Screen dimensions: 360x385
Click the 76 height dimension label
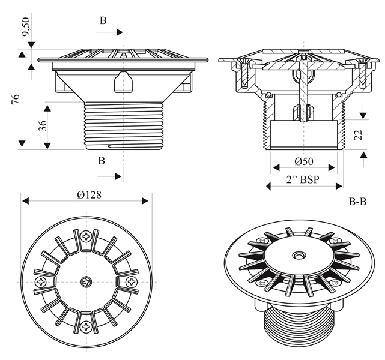click(16, 99)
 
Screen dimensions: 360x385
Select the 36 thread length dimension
click(43, 127)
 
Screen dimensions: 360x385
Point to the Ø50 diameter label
click(304, 161)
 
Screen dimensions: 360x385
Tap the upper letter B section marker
click(103, 20)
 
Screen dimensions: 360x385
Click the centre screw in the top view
click(85, 280)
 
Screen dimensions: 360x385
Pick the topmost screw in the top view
click(88, 236)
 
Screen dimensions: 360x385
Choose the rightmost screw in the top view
click(130, 280)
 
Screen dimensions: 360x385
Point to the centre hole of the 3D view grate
click(297, 256)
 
